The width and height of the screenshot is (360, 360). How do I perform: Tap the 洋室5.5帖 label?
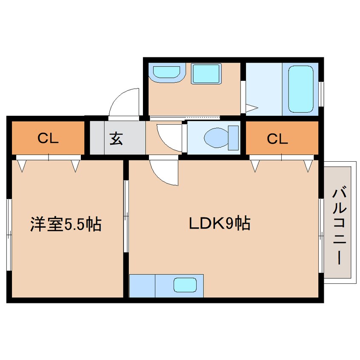pyautogui.click(x=66, y=224)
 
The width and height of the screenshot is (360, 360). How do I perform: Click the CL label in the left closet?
pyautogui.click(x=48, y=138)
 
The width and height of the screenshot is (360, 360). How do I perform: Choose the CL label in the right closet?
pyautogui.click(x=277, y=138)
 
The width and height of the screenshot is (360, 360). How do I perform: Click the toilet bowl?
pyautogui.click(x=216, y=138)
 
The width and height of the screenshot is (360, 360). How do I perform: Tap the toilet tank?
pyautogui.click(x=233, y=138)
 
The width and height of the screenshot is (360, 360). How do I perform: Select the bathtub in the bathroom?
pyautogui.click(x=300, y=89)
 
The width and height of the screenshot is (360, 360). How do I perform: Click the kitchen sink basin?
pyautogui.click(x=185, y=285)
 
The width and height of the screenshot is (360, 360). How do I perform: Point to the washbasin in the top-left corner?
pyautogui.click(x=166, y=72)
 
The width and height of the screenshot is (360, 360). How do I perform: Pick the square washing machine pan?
pyautogui.click(x=206, y=74)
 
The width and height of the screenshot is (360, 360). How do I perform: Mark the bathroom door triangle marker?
pyautogui.click(x=251, y=108)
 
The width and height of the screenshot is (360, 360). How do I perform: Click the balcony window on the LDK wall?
pyautogui.click(x=321, y=236)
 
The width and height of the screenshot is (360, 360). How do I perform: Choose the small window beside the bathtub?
pyautogui.click(x=321, y=94)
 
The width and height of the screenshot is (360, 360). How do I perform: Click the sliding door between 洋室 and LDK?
pyautogui.click(x=126, y=216)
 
